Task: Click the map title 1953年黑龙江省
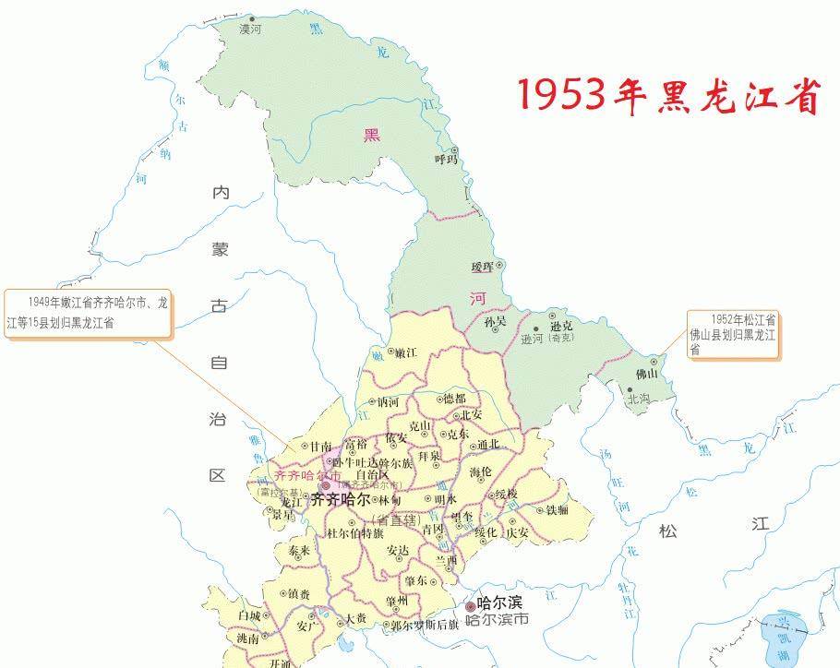pos(667,95)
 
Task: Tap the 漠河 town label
pos(250,30)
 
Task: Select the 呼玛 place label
pos(447,160)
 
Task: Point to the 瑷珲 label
pos(483,267)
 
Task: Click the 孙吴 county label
pos(496,321)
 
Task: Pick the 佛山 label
pos(646,375)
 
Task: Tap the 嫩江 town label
pos(405,352)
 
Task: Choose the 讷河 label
pos(388,402)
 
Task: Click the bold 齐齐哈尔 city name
pos(340,499)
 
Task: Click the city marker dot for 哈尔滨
pos(471,606)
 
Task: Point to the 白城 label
pos(249,614)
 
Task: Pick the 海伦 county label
pos(481,471)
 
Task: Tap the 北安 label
pos(471,414)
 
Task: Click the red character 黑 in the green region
pos(371,136)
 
